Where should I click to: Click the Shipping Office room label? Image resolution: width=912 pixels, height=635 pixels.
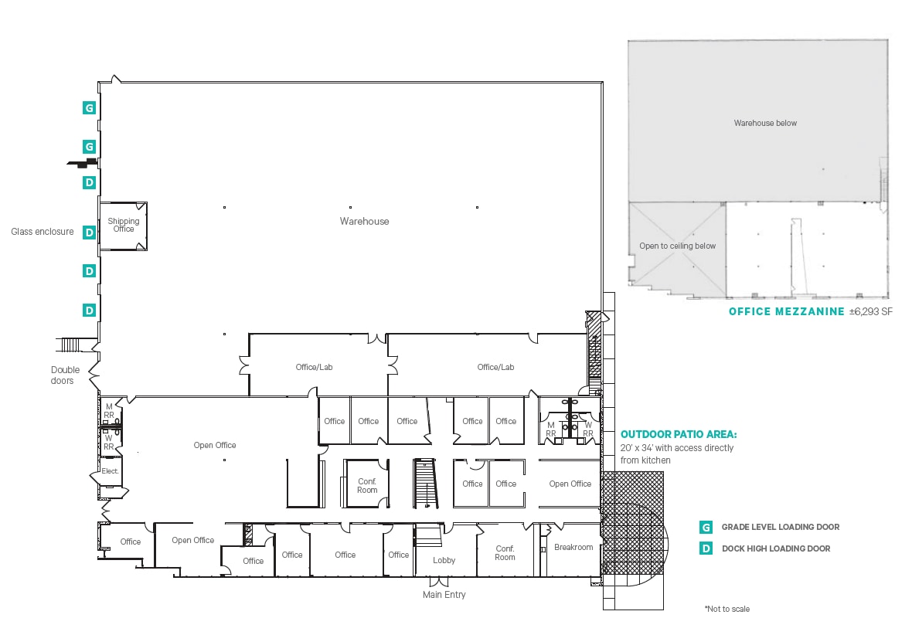[x=123, y=225]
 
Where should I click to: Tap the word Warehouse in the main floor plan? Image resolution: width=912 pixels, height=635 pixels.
[x=364, y=222]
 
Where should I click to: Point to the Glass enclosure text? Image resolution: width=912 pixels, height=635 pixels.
[x=43, y=232]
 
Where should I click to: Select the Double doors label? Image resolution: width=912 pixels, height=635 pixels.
[x=65, y=375]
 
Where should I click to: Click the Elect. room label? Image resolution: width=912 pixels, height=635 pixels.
[x=110, y=470]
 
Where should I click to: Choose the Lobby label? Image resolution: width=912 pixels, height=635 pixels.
[x=444, y=561]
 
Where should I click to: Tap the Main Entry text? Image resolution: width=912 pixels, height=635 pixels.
[x=444, y=595]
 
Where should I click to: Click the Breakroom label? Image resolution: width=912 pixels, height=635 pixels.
[x=573, y=548]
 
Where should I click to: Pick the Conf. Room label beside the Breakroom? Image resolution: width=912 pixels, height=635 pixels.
[x=505, y=553]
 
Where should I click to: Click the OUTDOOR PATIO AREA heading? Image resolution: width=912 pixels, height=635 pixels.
[x=679, y=434]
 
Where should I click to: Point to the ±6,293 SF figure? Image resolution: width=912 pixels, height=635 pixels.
[x=870, y=312]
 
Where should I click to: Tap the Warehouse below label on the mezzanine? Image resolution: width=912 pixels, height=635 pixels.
[x=764, y=123]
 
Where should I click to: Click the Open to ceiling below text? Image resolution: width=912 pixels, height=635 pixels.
[x=677, y=246]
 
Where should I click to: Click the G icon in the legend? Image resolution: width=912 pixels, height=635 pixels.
[x=705, y=528]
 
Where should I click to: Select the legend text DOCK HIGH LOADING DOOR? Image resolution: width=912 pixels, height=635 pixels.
[x=775, y=548]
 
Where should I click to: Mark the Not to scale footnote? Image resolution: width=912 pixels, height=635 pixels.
[x=727, y=609]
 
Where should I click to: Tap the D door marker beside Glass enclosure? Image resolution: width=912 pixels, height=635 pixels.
[x=90, y=232]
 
